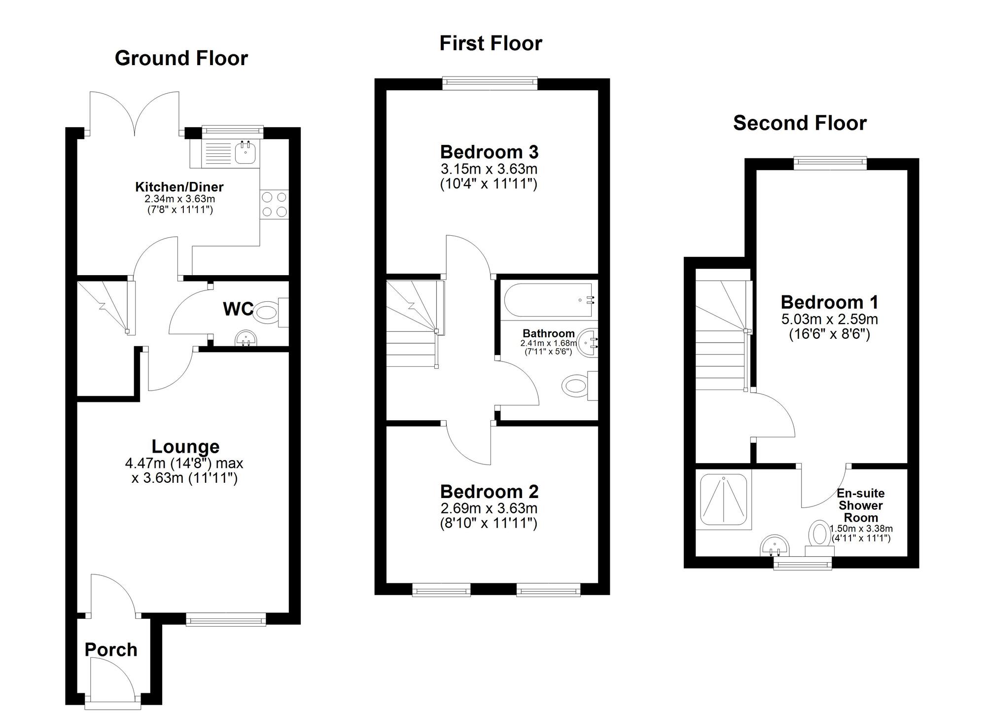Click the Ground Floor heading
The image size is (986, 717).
click(181, 58)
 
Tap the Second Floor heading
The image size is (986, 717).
click(799, 123)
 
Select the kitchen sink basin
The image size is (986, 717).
click(245, 153)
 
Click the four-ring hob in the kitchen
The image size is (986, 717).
click(274, 205)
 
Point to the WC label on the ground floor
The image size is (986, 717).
click(238, 309)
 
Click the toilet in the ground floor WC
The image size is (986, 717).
click(269, 313)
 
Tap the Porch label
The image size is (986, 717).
click(111, 649)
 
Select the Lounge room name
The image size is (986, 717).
click(185, 446)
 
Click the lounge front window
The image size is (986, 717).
click(226, 619)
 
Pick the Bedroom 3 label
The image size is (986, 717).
click(489, 151)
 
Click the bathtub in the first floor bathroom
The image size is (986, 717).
click(548, 300)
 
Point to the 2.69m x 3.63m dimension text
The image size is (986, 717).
click(489, 508)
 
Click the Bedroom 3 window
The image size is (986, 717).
click(490, 83)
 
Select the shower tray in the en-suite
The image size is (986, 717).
click(723, 501)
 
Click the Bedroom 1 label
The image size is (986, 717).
click(829, 302)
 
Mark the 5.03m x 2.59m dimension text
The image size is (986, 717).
click(829, 319)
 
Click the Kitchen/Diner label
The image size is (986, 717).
click(179, 187)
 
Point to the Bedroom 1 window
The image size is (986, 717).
click(830, 163)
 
